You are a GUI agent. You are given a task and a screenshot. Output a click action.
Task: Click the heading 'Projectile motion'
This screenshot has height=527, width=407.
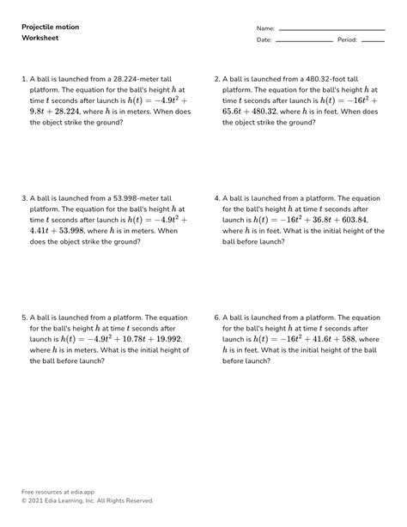tap(51, 27)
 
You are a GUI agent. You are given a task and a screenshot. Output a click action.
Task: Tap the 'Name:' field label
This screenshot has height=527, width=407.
tap(265, 28)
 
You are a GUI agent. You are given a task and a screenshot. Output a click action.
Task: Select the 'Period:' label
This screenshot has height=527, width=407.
tap(347, 40)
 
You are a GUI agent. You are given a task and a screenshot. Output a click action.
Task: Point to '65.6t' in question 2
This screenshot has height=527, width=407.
tap(234, 111)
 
